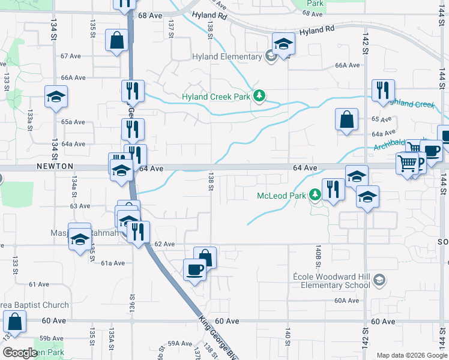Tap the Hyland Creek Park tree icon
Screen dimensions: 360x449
[259, 96]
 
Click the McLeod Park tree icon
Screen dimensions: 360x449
[315, 196]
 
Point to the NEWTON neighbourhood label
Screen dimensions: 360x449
[54, 166]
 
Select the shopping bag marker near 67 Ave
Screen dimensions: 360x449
[116, 41]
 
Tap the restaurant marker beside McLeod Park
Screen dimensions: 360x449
[333, 190]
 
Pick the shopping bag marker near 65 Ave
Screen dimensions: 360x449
[347, 119]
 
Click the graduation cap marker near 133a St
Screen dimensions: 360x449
[56, 96]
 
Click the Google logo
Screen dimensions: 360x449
[20, 353]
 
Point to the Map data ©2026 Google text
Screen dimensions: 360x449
[411, 355]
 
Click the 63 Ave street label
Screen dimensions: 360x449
[80, 206]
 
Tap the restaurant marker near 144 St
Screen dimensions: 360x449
[383, 91]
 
